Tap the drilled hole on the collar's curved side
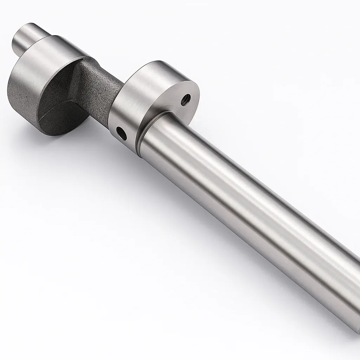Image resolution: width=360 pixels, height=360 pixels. pyautogui.click(x=122, y=133)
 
